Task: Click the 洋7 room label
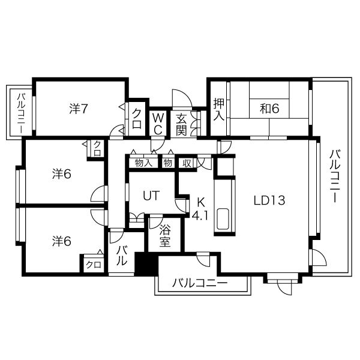click(x=79, y=109)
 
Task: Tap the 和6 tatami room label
click(x=269, y=109)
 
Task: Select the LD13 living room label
click(x=269, y=200)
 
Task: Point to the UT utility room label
click(x=151, y=196)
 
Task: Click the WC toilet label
click(x=158, y=124)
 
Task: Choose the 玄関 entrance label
click(x=181, y=125)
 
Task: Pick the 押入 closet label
click(x=218, y=109)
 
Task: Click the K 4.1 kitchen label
click(x=200, y=209)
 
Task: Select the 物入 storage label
click(x=143, y=163)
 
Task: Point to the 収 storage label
click(x=187, y=163)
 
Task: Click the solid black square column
click(x=146, y=263)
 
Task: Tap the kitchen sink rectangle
click(x=223, y=219)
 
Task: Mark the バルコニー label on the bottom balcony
click(x=200, y=283)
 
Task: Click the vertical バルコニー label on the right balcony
click(x=335, y=176)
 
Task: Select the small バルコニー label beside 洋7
click(x=21, y=113)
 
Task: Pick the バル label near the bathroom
click(x=121, y=256)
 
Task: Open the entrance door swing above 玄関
click(x=182, y=98)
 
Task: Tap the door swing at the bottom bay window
click(x=284, y=287)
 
